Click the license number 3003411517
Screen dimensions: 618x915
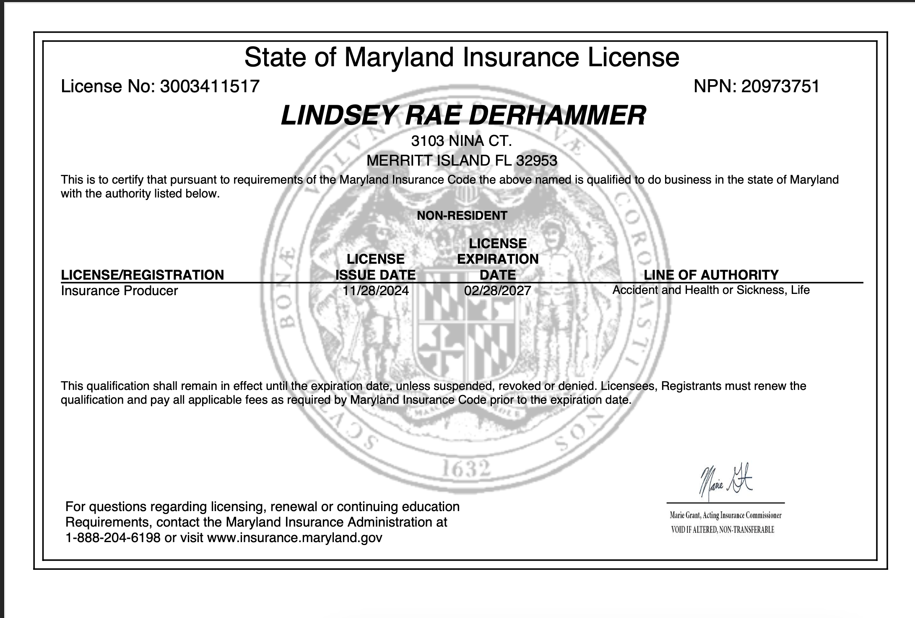point(210,86)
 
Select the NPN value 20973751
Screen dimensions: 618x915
point(780,86)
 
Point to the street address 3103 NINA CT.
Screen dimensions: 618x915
point(461,141)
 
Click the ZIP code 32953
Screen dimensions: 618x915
point(537,161)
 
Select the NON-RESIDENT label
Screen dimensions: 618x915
point(462,216)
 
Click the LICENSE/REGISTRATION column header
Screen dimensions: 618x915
point(143,275)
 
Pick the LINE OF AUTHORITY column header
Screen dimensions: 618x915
point(711,275)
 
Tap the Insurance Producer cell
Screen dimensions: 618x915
point(120,291)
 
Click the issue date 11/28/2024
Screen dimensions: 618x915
point(375,291)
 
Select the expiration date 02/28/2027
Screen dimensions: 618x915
point(497,291)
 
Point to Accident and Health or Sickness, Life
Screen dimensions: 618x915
point(711,290)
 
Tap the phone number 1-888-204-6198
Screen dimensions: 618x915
point(113,538)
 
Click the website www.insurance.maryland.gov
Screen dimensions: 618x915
point(295,538)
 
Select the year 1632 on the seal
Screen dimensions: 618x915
point(465,469)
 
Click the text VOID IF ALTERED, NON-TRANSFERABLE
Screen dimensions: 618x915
point(723,530)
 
